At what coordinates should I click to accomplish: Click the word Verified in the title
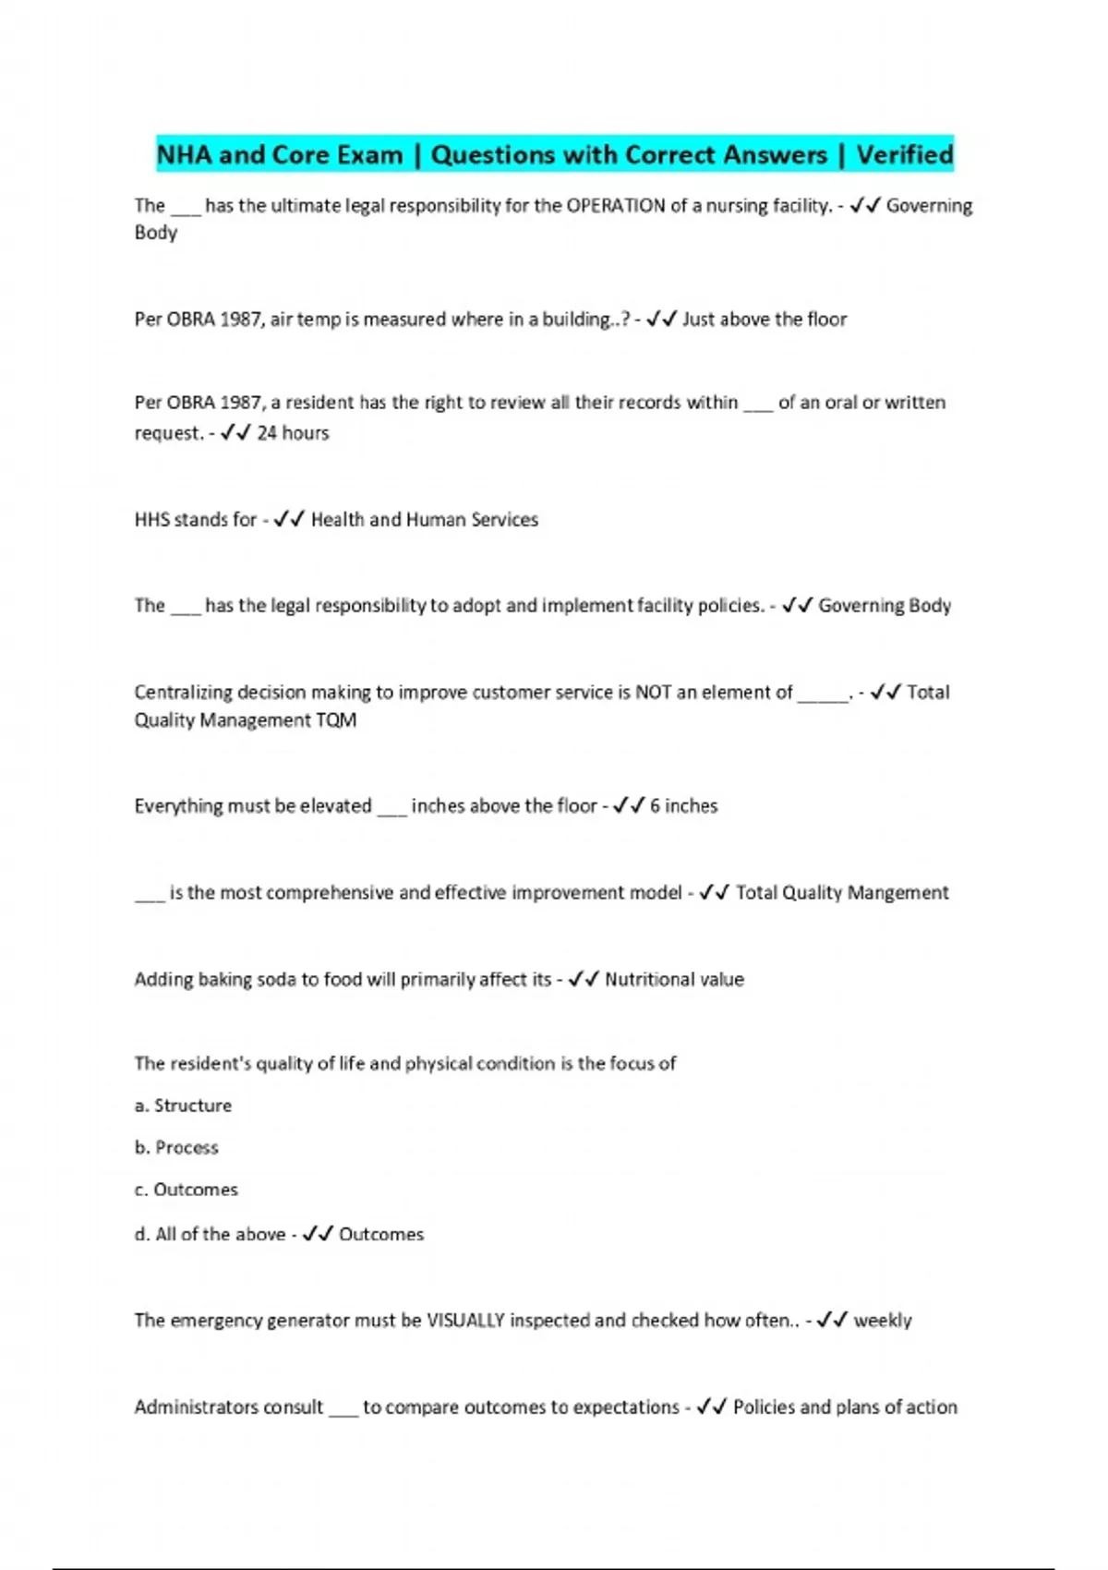pyautogui.click(x=904, y=154)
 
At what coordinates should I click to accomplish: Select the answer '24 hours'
pyautogui.click(x=293, y=433)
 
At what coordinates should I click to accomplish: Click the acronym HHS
pyautogui.click(x=152, y=520)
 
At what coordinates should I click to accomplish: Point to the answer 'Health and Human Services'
pyautogui.click(x=424, y=520)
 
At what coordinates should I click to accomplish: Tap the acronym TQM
pyautogui.click(x=336, y=720)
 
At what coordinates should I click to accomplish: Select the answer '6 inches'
pyautogui.click(x=683, y=806)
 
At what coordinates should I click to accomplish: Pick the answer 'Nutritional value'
pyautogui.click(x=674, y=980)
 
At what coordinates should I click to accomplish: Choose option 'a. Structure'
pyautogui.click(x=183, y=1105)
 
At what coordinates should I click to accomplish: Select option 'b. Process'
pyautogui.click(x=176, y=1148)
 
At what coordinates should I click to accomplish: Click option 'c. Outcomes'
pyautogui.click(x=186, y=1190)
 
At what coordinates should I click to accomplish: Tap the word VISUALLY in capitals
pyautogui.click(x=465, y=1321)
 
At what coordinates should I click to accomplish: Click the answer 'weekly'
pyautogui.click(x=882, y=1321)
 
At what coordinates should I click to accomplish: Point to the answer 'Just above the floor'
pyautogui.click(x=764, y=320)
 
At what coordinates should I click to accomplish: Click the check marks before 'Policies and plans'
pyautogui.click(x=712, y=1407)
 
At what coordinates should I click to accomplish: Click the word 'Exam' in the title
pyautogui.click(x=369, y=154)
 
